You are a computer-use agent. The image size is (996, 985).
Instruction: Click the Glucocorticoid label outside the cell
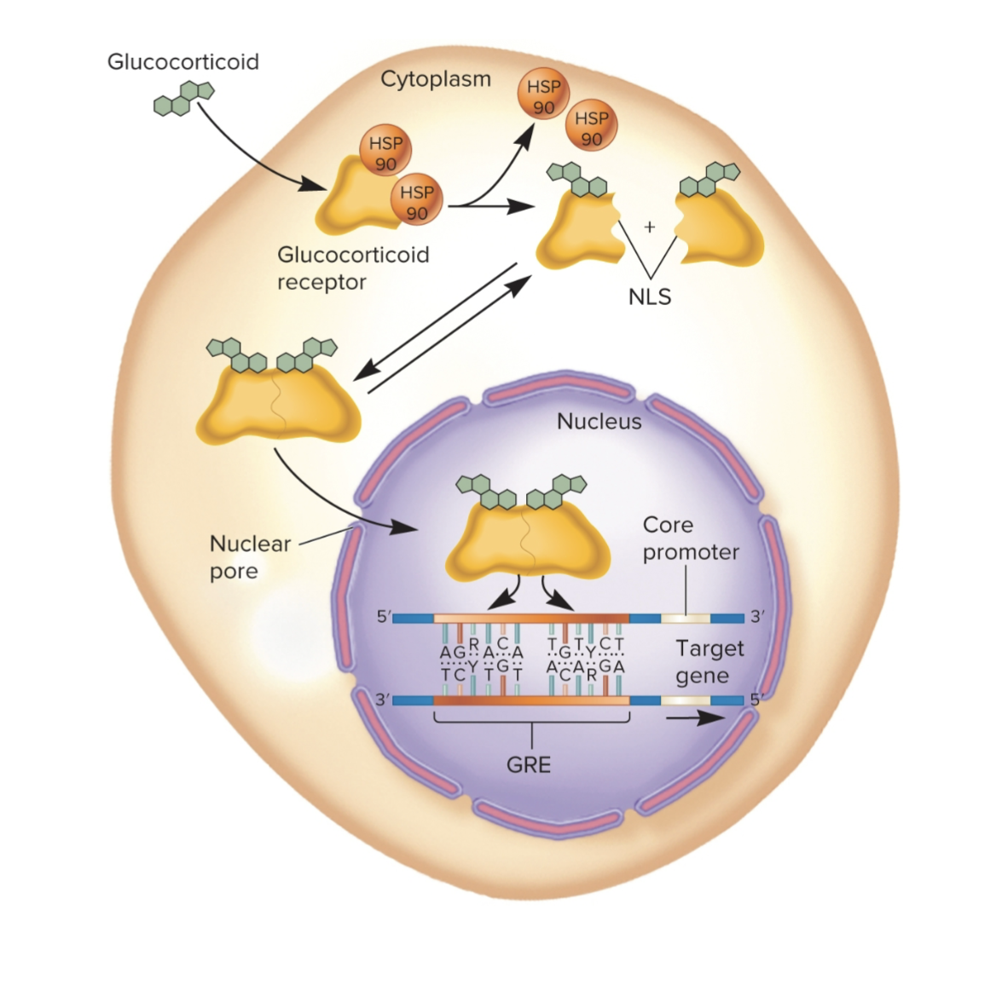pos(182,62)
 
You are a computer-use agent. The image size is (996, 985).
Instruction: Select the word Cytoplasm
pos(435,79)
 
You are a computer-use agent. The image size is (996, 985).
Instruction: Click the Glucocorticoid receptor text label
pos(352,268)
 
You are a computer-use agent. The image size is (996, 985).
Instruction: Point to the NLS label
pos(650,297)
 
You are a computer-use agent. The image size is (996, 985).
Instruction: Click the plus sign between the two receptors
pos(650,227)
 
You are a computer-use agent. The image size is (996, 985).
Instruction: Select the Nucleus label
pos(599,421)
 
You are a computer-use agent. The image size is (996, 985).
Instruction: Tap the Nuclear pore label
pos(249,557)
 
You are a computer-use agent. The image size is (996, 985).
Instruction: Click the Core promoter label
pos(690,539)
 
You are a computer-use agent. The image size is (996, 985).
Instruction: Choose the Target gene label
pos(709,662)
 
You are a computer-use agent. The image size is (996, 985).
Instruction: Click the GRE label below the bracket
pos(529,764)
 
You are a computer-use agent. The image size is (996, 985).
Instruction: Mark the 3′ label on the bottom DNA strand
pos(384,700)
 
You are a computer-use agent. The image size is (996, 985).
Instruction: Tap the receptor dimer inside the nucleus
pos(528,537)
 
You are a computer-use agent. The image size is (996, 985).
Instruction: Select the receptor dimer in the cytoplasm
pos(278,400)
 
